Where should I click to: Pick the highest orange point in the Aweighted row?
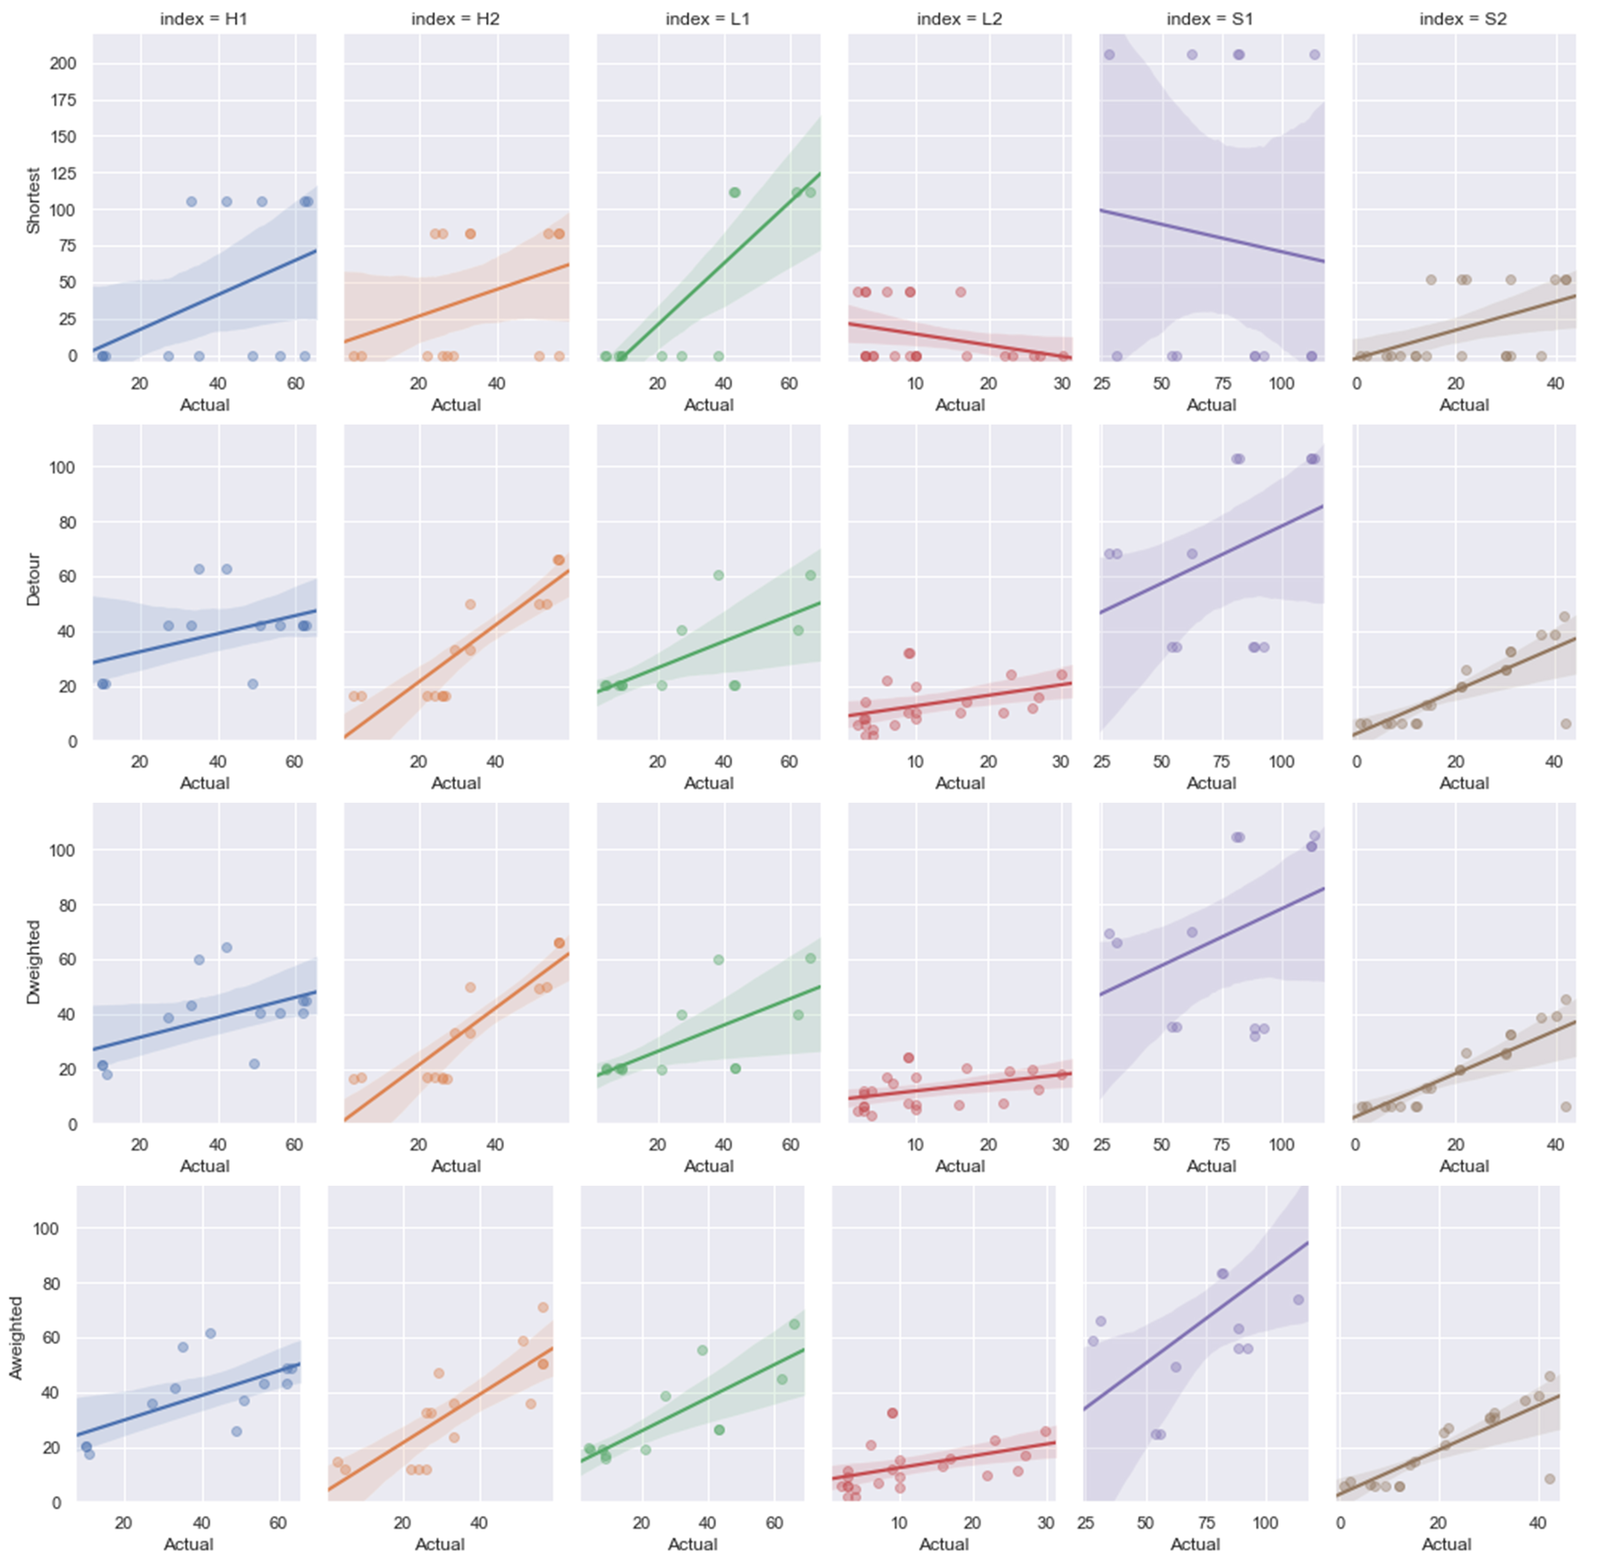(543, 1308)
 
